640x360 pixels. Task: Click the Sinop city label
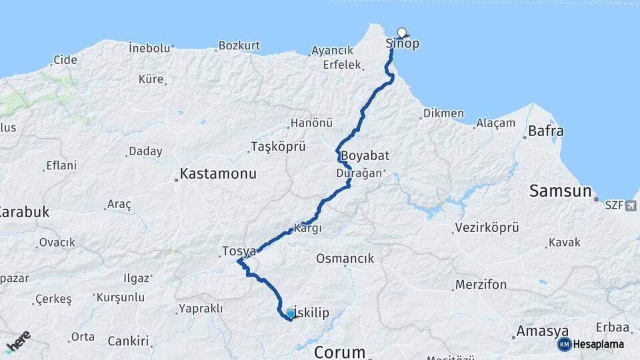click(x=403, y=44)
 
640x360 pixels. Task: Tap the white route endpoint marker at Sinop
click(x=402, y=32)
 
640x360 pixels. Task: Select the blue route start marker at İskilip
click(x=291, y=313)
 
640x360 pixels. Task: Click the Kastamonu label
click(x=218, y=175)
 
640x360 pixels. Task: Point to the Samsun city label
click(x=561, y=191)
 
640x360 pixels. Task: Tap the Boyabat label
click(x=365, y=155)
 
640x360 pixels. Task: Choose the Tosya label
click(x=239, y=251)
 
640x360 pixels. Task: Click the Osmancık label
click(x=345, y=258)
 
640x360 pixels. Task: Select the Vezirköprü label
click(x=487, y=228)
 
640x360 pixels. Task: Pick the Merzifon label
click(x=481, y=285)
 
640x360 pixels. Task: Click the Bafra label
click(x=546, y=131)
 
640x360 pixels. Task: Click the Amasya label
click(x=543, y=331)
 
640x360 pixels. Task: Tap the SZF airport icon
click(x=631, y=207)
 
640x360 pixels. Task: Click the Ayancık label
click(x=332, y=50)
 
